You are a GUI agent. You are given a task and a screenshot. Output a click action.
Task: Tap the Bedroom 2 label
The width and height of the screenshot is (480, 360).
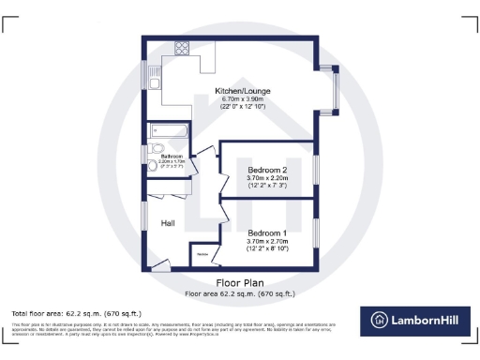click(266, 169)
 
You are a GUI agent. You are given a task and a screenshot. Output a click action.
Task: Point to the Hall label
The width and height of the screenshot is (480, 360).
click(169, 223)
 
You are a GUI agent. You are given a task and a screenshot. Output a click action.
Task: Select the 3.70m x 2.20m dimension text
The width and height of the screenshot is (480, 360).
click(267, 178)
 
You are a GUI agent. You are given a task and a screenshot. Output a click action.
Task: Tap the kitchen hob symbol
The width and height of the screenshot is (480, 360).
click(180, 50)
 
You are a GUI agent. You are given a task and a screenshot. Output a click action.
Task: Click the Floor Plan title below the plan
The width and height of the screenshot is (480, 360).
click(240, 282)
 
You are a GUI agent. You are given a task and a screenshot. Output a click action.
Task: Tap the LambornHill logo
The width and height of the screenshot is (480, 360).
click(416, 319)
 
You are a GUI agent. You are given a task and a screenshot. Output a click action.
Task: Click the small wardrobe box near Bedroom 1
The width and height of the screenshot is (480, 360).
click(202, 255)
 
